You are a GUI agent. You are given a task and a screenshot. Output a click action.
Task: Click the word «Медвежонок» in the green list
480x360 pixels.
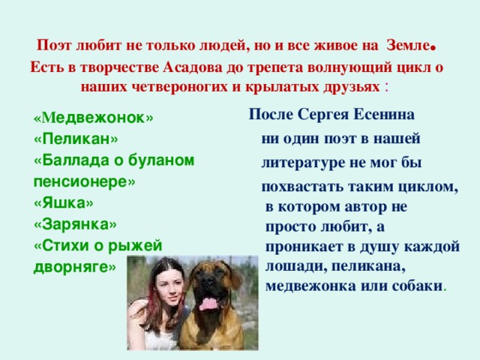point(94,118)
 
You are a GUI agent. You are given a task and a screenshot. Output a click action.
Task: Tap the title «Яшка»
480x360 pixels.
point(64,203)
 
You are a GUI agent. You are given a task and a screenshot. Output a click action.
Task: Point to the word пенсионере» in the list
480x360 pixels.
point(84,182)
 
